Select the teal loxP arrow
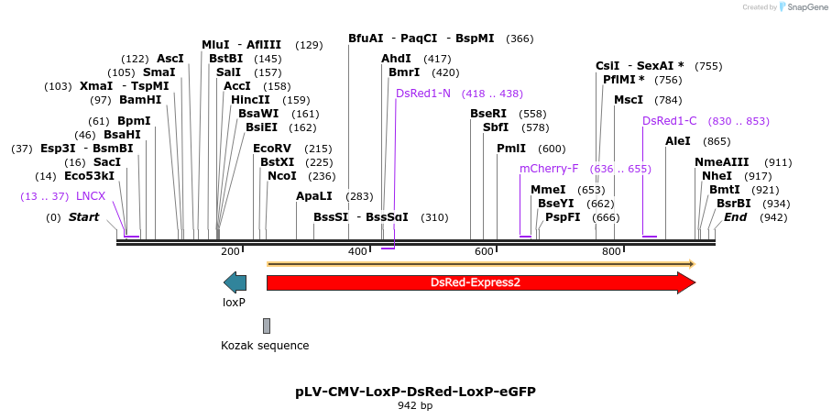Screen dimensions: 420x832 point(235,282)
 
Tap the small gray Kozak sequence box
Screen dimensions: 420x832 point(267,326)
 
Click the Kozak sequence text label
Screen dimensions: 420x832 point(265,346)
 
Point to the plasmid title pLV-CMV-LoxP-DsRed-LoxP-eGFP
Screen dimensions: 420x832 point(415,391)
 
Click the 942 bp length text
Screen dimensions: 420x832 point(415,404)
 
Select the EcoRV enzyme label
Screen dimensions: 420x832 point(272,149)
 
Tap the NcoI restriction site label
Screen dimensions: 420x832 point(282,176)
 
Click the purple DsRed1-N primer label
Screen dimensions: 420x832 point(423,94)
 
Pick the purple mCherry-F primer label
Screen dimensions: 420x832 point(549,169)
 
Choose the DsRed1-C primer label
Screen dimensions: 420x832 point(670,121)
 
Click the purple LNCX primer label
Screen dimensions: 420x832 point(91,196)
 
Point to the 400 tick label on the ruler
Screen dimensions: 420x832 point(356,251)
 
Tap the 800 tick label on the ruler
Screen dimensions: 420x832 point(610,251)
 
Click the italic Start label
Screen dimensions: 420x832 point(83,217)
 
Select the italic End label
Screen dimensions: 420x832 point(735,217)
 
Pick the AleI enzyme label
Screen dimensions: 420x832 point(678,141)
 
